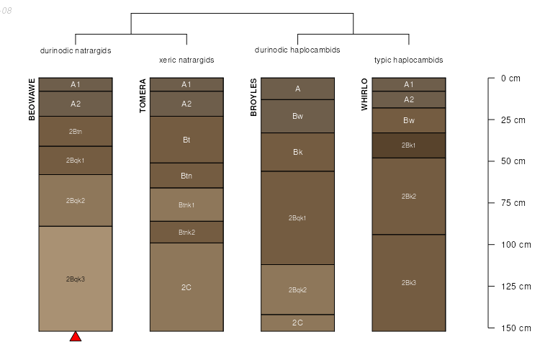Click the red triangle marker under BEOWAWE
point(76,336)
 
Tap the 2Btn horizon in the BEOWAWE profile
point(76,131)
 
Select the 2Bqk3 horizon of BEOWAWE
point(76,279)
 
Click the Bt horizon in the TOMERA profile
point(186,140)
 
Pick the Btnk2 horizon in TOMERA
point(186,232)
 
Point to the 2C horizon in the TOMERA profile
point(186,287)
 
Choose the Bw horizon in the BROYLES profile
point(298,116)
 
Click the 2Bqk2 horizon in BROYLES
point(298,289)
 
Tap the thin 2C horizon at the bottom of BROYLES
point(298,323)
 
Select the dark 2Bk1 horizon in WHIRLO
point(409,145)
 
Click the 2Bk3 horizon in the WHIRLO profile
point(409,282)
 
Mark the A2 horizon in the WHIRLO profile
point(409,99)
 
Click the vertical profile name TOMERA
point(143,96)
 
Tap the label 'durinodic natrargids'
point(76,50)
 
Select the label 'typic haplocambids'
point(409,60)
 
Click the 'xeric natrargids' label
point(186,60)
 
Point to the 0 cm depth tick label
point(510,78)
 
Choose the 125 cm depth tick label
point(516,287)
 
